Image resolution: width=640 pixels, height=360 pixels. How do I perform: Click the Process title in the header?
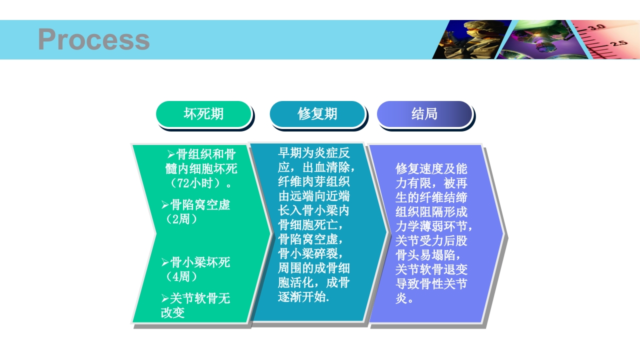tap(93, 39)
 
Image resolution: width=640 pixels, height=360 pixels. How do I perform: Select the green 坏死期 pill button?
tap(203, 114)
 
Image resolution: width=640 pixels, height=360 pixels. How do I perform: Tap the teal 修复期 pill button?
tap(317, 114)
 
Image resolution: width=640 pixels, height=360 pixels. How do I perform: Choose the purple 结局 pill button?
tap(424, 114)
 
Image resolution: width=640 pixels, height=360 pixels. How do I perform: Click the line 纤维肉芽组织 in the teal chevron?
tap(313, 181)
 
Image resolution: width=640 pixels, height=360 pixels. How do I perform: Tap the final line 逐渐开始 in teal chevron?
tap(303, 297)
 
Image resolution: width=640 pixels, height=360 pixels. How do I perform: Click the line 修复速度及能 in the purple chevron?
tap(431, 168)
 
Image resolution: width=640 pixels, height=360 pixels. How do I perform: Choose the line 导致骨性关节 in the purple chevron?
tap(431, 284)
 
